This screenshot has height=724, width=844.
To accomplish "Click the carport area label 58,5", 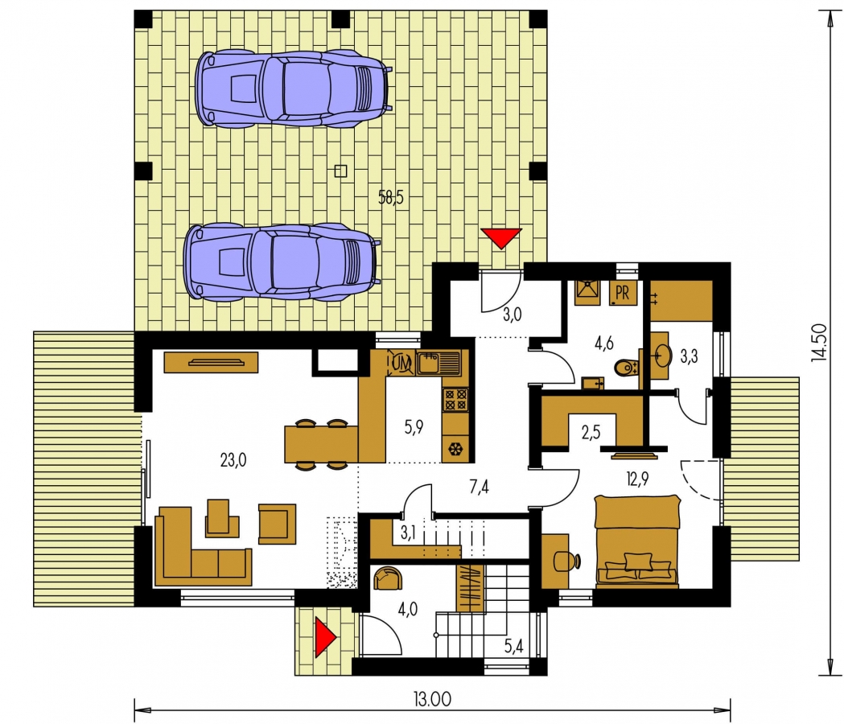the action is tap(391, 198).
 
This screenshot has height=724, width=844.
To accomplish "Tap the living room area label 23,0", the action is tap(233, 460).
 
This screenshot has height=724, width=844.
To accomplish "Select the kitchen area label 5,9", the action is tap(414, 427).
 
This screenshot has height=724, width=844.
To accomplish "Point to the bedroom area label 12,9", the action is tap(637, 479).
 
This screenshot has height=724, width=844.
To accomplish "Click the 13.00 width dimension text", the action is tap(432, 699).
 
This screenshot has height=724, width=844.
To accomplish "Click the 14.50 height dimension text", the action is tap(819, 343).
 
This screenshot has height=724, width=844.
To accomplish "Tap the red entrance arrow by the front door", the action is tap(325, 637).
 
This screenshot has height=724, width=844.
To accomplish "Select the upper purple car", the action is tap(294, 88).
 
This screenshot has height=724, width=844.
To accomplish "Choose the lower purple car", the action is tap(282, 261).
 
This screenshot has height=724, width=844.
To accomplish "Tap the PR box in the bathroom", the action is tap(622, 293).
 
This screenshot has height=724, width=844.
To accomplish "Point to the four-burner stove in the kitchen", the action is tap(455, 400).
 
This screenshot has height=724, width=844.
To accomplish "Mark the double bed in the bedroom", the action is tap(637, 540).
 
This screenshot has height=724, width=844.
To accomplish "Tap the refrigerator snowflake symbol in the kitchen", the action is tap(455, 448).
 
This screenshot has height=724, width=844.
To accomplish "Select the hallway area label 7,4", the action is tap(479, 487).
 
